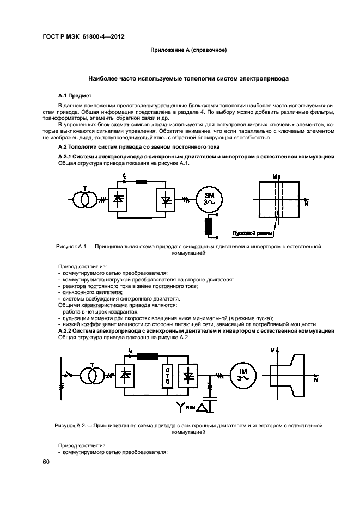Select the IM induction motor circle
coord(240,376)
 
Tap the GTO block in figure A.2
coord(168,376)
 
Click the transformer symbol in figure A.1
coord(84,200)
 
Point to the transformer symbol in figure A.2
coord(89,376)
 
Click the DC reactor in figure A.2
coord(147,357)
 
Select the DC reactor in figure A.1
coord(142,181)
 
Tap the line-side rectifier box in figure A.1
coord(118,200)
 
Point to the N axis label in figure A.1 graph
coord(306,203)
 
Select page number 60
coord(46,462)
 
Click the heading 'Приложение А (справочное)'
coord(188,50)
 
